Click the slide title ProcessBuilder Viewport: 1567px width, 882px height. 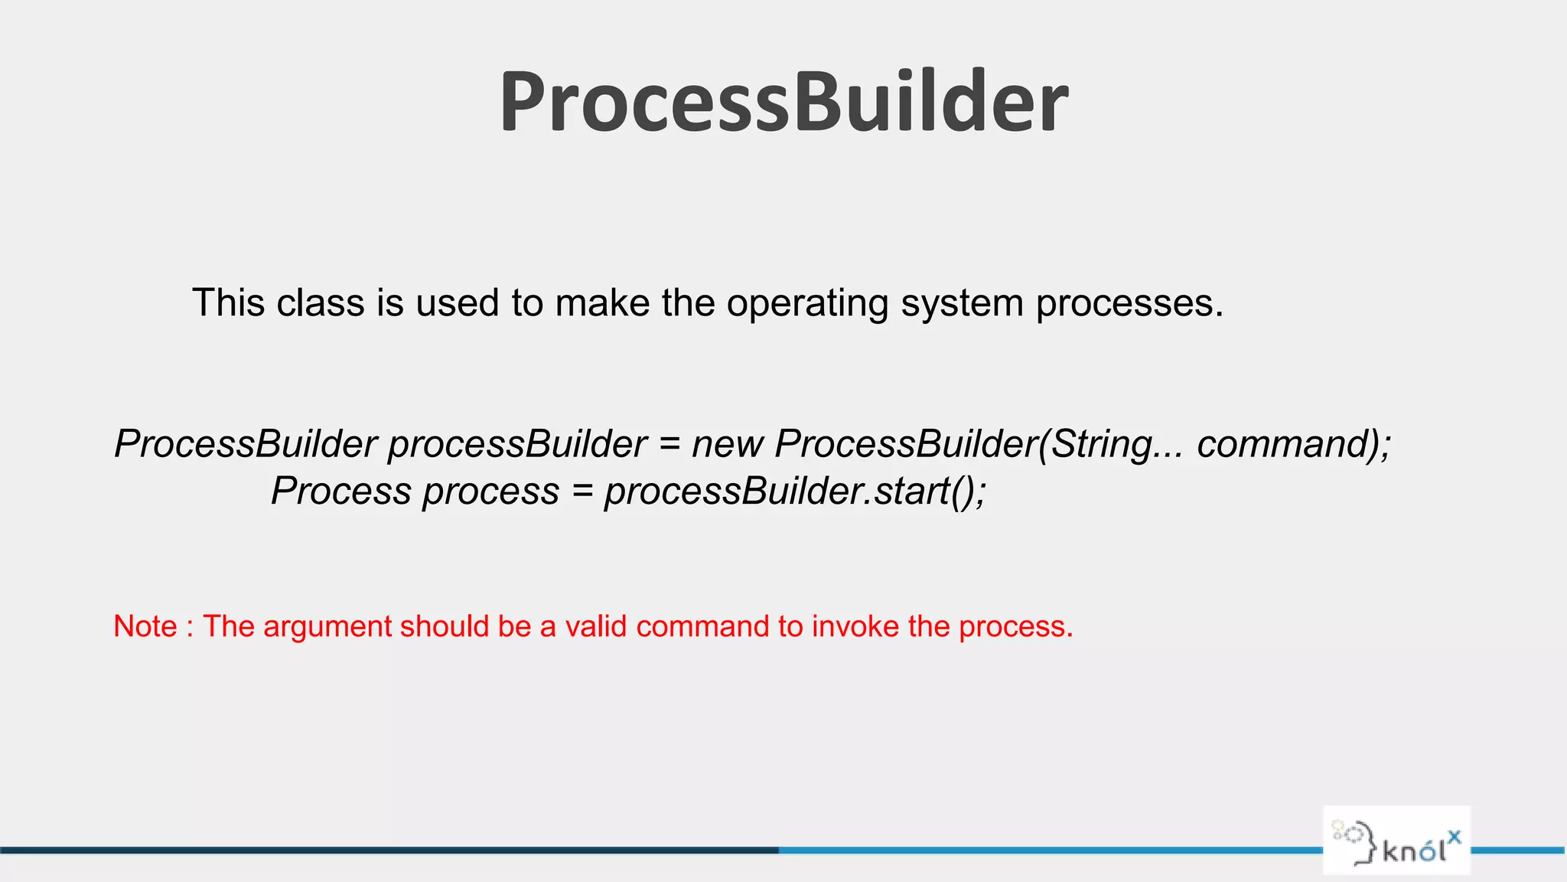tap(783, 102)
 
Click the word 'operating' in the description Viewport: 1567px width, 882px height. tap(806, 303)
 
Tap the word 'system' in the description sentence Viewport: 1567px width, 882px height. tap(962, 303)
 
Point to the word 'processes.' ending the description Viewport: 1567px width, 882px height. tap(1129, 303)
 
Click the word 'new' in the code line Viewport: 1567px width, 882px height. tap(727, 444)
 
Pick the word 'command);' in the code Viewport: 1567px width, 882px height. tap(1294, 444)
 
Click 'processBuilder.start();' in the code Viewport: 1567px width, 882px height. tap(795, 491)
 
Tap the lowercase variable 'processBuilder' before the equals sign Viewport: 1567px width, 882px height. tap(517, 444)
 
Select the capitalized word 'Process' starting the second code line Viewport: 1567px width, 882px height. tap(341, 491)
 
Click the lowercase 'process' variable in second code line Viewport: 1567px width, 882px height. tap(490, 491)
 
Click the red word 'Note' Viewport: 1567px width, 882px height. tap(145, 626)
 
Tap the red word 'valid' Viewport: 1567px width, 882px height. tap(595, 626)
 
